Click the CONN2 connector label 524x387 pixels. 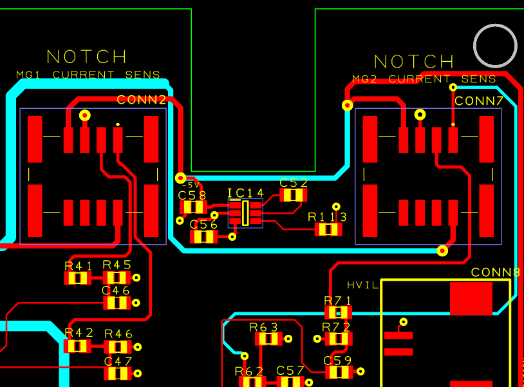(142, 100)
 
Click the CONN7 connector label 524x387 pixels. (479, 101)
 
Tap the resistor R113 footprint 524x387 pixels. (328, 229)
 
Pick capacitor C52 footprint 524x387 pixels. (294, 195)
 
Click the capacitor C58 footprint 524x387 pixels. (192, 207)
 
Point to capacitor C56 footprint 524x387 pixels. (204, 237)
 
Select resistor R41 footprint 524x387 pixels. (78, 278)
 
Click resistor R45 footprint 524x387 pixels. (117, 278)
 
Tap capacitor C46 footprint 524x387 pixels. (117, 303)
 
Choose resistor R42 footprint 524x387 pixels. (78, 346)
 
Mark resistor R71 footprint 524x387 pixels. (338, 313)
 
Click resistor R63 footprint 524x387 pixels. (268, 339)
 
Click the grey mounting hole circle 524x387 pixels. (495, 46)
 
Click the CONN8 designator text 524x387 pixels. (495, 272)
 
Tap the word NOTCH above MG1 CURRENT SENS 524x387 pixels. (87, 57)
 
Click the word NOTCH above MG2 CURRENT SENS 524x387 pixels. (414, 62)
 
